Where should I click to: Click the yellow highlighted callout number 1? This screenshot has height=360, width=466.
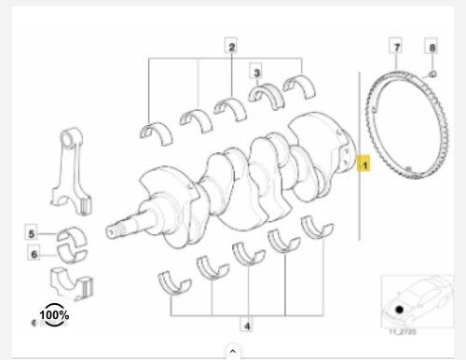tap(365, 165)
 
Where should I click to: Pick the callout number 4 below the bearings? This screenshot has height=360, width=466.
tap(246, 326)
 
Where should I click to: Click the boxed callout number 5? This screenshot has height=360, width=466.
tap(31, 233)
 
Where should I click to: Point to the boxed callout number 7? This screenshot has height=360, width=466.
tap(396, 46)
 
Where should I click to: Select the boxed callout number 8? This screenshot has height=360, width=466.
tap(430, 46)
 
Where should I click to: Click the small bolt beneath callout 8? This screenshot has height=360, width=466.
tap(432, 73)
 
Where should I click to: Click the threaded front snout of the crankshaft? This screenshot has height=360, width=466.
tap(119, 225)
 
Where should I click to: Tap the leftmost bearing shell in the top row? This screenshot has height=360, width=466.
tap(153, 129)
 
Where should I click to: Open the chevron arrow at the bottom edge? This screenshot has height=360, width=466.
tap(232, 352)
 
